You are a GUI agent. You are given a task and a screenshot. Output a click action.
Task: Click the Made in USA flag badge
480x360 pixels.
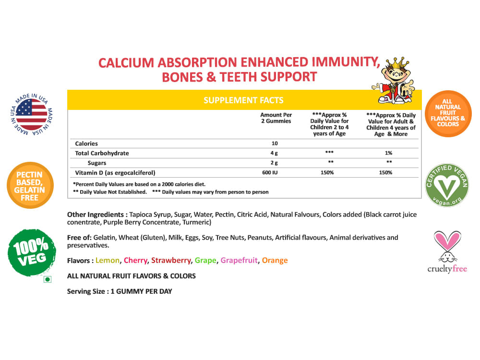tap(32, 115)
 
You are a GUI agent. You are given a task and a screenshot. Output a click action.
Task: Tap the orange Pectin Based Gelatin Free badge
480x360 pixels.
tap(30, 185)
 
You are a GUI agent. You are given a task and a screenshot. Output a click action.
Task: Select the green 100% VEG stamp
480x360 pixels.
tap(32, 252)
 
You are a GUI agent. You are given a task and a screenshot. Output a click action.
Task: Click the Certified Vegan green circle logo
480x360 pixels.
tap(447, 186)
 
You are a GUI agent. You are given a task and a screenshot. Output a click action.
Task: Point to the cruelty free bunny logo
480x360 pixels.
tap(447, 252)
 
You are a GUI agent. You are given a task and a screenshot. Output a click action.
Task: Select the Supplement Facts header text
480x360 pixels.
tap(243, 100)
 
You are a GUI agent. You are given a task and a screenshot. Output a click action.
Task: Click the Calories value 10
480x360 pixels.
tap(274, 144)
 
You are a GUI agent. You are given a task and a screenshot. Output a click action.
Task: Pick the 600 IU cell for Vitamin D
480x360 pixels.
tap(274, 172)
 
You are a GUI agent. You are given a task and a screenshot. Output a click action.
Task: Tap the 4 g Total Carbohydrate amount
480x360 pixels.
tap(274, 153)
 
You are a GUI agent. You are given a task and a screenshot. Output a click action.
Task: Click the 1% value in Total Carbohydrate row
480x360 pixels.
tap(389, 153)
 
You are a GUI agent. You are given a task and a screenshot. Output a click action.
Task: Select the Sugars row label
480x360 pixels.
tap(97, 163)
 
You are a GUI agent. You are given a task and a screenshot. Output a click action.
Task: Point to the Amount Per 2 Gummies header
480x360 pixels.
tap(276, 118)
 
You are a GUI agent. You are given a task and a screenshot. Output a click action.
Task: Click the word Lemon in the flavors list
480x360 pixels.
tap(108, 261)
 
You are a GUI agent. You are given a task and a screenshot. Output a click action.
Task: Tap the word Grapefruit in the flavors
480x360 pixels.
tap(239, 261)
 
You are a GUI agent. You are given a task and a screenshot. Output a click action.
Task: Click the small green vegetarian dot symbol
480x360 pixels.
tap(47, 278)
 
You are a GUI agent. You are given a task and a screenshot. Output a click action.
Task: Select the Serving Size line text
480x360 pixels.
tap(120, 291)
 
